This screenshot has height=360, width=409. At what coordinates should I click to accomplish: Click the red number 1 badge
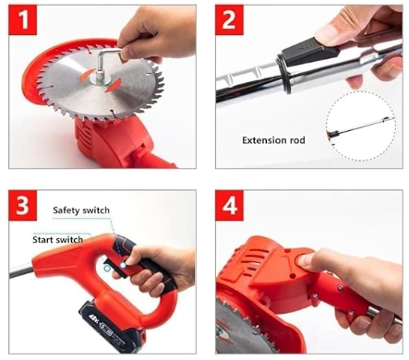[23, 19]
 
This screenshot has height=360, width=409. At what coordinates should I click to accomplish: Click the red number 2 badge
[229, 19]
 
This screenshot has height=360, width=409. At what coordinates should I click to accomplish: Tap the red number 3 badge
[23, 205]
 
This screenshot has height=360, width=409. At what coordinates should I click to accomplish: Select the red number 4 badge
[229, 205]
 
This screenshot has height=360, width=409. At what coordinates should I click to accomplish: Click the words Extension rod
[273, 140]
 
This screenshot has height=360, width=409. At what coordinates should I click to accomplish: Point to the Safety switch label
[81, 210]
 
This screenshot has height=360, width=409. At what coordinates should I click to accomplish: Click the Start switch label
[58, 240]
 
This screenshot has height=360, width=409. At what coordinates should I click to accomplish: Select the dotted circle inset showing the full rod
[361, 126]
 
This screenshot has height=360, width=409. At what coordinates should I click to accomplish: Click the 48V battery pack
[112, 327]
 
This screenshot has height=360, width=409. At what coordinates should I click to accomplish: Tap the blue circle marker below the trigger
[107, 269]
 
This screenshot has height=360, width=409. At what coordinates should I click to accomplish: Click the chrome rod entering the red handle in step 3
[21, 272]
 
